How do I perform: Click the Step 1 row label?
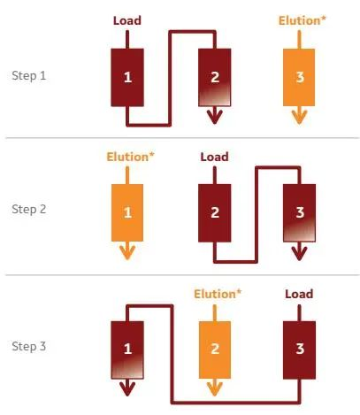click(29, 76)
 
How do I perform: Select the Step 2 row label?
click(29, 209)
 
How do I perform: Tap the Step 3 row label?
click(29, 346)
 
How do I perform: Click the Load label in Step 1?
click(127, 20)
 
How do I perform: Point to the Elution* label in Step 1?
click(303, 20)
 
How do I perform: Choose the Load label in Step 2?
click(214, 157)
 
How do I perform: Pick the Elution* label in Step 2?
click(130, 157)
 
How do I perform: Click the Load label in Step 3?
click(299, 294)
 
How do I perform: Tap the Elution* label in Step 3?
click(218, 294)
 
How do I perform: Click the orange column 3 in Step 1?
click(299, 77)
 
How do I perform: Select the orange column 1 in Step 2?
click(127, 212)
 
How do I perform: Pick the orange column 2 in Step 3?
click(215, 350)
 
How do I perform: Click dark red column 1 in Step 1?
click(127, 77)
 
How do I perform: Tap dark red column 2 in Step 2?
click(214, 213)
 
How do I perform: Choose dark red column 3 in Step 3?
click(299, 350)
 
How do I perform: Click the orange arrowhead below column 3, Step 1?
click(299, 117)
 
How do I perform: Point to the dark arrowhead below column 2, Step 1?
click(215, 117)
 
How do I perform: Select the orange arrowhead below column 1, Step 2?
click(127, 253)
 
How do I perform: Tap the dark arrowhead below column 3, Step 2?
click(299, 254)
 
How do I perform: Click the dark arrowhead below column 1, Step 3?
click(127, 389)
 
